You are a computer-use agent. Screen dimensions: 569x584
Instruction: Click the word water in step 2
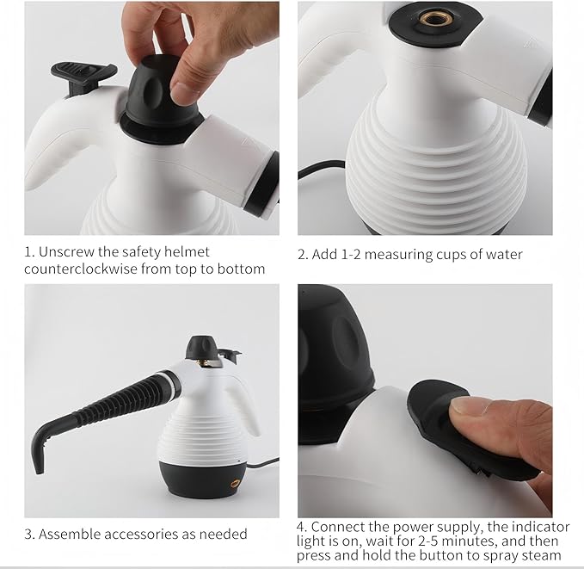tap(502, 254)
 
